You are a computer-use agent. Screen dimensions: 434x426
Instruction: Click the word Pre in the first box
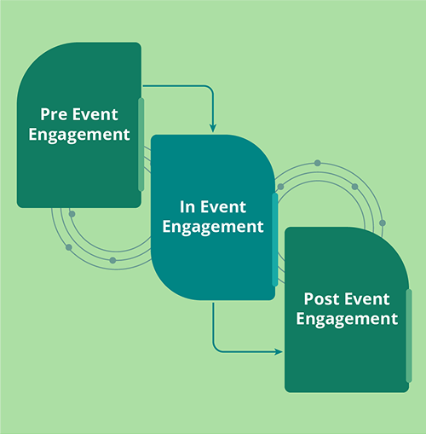(54, 113)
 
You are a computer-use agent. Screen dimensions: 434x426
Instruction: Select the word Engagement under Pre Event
(78, 134)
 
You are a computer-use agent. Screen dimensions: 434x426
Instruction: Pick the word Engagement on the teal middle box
(213, 227)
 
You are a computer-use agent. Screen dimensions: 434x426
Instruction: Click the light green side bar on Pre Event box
(141, 144)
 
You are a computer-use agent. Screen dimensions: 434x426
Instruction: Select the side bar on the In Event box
(274, 238)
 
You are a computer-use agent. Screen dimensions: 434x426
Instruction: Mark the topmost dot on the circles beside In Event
(317, 162)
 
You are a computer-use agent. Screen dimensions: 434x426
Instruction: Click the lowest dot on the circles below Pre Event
(112, 260)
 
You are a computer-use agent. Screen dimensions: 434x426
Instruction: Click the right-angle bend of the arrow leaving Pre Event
(212, 85)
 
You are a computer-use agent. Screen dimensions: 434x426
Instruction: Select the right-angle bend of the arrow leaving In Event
(213, 350)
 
